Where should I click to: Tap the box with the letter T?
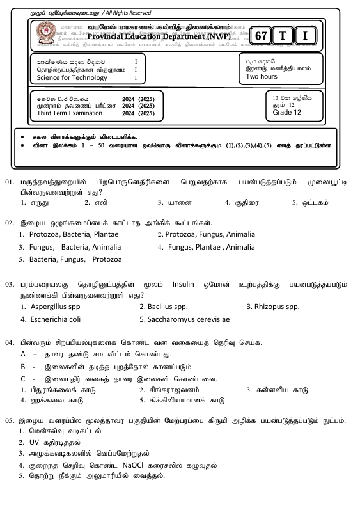click(282, 36)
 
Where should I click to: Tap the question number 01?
click(10, 182)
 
